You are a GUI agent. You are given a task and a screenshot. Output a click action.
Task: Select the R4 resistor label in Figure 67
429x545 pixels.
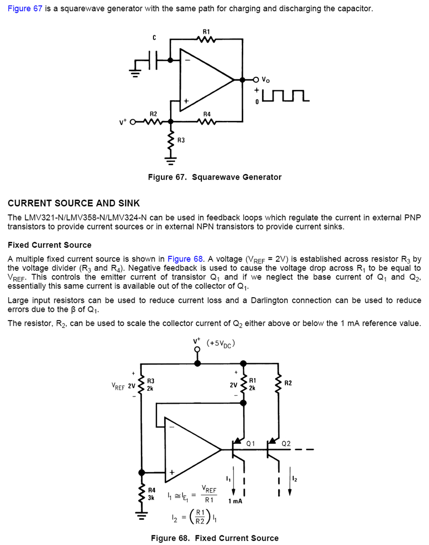click(206, 114)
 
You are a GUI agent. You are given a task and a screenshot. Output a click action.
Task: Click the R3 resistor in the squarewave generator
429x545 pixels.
click(171, 140)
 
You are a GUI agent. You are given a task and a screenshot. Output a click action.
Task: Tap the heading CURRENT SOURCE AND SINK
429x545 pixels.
click(74, 203)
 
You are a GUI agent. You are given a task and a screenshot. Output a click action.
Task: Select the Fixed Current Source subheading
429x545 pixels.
click(49, 245)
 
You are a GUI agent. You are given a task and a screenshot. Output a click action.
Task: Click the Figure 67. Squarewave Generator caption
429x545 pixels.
click(215, 177)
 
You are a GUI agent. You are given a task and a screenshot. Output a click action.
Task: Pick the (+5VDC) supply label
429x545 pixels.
click(221, 345)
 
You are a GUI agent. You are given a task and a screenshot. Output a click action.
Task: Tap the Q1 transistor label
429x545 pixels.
click(250, 443)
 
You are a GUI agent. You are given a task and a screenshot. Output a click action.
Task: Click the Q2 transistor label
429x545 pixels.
click(286, 443)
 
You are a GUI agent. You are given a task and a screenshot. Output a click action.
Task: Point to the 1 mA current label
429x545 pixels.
click(235, 501)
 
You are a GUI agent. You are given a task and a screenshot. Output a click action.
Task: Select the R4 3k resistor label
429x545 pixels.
click(151, 494)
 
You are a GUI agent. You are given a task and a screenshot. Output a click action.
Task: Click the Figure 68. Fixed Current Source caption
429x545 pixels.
click(215, 538)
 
